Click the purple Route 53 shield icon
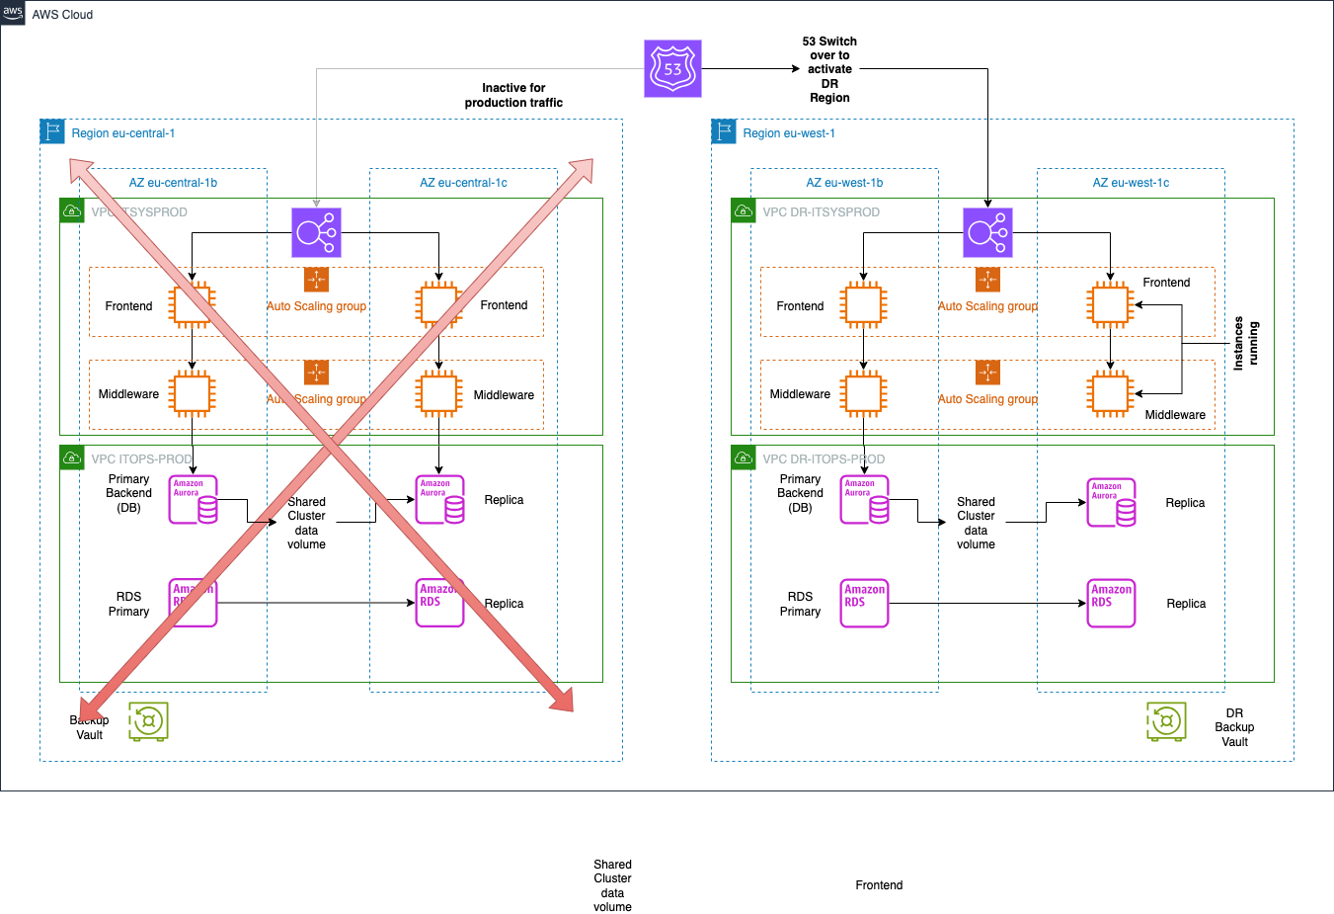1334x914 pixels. point(672,69)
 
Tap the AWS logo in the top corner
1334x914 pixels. point(13,13)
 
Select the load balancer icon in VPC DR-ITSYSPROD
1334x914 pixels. point(987,233)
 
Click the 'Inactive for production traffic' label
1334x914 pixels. point(513,95)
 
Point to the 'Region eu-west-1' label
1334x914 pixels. point(788,133)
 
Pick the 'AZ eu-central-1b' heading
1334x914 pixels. point(173,183)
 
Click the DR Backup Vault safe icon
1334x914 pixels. point(1166,721)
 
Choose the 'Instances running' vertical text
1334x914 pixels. point(1245,344)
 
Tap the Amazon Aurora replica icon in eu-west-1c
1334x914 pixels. point(1111,503)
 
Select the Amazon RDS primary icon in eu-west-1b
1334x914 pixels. point(864,603)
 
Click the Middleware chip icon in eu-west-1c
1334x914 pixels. point(1110,393)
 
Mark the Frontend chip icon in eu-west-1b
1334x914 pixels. point(863,305)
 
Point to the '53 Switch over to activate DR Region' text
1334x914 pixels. point(829,69)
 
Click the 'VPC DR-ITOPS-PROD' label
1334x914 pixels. point(823,459)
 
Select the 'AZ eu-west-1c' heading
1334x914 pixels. point(1131,183)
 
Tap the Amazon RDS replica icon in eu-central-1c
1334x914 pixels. point(438,603)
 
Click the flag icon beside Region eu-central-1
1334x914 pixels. point(52,131)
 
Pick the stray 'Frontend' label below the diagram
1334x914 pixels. point(879,885)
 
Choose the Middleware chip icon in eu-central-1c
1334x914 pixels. point(438,393)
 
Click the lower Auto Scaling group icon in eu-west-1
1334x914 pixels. point(987,373)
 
